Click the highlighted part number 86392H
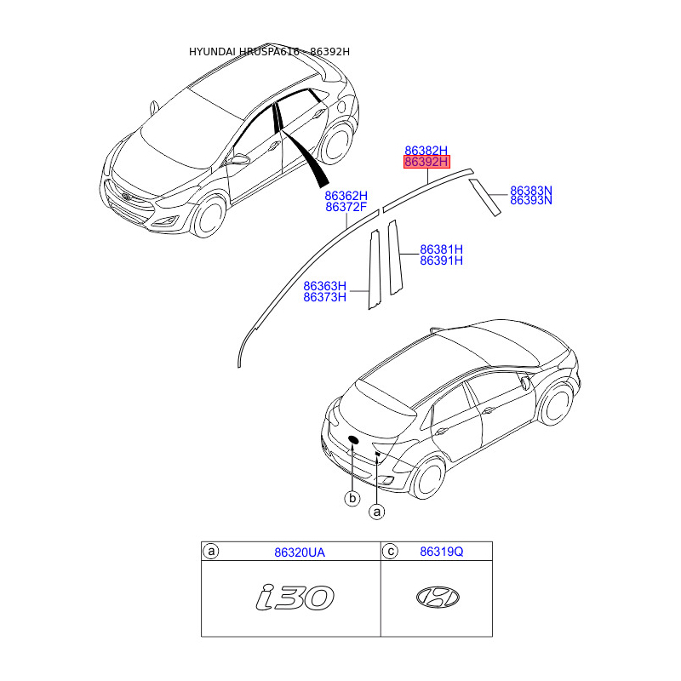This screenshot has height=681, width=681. pyautogui.click(x=426, y=161)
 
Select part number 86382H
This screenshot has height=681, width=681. pyautogui.click(x=426, y=150)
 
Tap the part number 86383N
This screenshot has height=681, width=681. pyautogui.click(x=530, y=191)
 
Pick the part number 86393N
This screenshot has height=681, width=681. pyautogui.click(x=530, y=201)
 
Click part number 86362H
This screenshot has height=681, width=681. pyautogui.click(x=346, y=196)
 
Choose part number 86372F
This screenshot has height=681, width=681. pyautogui.click(x=346, y=207)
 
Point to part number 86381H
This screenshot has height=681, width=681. pyautogui.click(x=441, y=249)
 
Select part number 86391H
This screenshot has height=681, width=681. pyautogui.click(x=441, y=260)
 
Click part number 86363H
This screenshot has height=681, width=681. pyautogui.click(x=325, y=286)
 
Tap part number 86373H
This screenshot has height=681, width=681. pyautogui.click(x=325, y=297)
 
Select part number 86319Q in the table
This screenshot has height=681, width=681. pyautogui.click(x=441, y=552)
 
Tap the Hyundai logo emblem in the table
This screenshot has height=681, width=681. pyautogui.click(x=438, y=598)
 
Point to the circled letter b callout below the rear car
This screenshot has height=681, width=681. pyautogui.click(x=352, y=498)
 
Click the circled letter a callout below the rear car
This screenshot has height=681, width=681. pyautogui.click(x=377, y=512)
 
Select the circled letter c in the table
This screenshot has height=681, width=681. pyautogui.click(x=390, y=552)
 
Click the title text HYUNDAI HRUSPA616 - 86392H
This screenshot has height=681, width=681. pyautogui.click(x=269, y=52)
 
